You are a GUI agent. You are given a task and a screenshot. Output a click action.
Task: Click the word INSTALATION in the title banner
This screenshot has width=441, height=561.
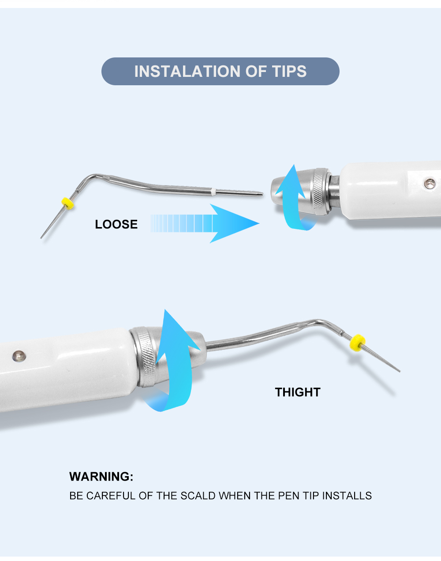(187, 72)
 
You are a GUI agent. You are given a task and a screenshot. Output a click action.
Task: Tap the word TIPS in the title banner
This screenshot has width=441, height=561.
(289, 72)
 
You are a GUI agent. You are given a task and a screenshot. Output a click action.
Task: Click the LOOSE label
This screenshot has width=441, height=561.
(116, 224)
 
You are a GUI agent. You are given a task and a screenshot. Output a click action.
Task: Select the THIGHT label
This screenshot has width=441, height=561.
(298, 392)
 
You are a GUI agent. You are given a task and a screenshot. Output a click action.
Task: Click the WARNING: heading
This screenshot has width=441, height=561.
(101, 477)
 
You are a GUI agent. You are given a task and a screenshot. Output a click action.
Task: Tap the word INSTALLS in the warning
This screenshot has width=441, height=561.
(347, 496)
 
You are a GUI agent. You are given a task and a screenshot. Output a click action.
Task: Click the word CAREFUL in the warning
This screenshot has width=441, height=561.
(111, 496)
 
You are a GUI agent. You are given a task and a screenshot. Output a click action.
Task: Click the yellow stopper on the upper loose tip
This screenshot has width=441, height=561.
(67, 204)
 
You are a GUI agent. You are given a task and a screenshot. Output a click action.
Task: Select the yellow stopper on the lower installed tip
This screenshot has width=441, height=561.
(358, 343)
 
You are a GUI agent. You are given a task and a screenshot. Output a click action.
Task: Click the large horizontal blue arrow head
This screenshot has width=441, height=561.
(234, 224)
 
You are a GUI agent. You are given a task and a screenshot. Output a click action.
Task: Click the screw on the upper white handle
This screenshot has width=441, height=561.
(430, 183)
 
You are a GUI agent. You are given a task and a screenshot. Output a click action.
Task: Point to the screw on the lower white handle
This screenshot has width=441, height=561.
(19, 356)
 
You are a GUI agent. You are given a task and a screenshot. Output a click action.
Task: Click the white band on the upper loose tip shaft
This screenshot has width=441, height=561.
(213, 192)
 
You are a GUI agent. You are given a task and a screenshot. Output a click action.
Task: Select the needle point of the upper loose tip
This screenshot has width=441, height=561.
(41, 238)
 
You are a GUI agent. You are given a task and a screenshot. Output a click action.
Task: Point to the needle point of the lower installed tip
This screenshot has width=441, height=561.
(400, 371)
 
